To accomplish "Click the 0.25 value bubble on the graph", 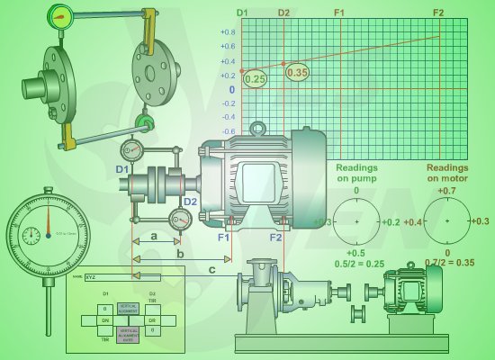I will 256,79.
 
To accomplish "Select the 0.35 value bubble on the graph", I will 298,73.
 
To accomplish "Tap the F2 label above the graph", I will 438,13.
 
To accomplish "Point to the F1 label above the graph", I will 339,13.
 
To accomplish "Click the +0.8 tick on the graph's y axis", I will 228,32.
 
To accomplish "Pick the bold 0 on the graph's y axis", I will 231,89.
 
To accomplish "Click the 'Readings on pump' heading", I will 356,173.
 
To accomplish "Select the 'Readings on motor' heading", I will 447,173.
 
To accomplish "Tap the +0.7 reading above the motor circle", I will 446,191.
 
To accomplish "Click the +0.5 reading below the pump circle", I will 356,254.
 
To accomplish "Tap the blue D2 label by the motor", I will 190,202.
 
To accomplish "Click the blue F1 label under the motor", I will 224,239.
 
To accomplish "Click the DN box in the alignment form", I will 104,319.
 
